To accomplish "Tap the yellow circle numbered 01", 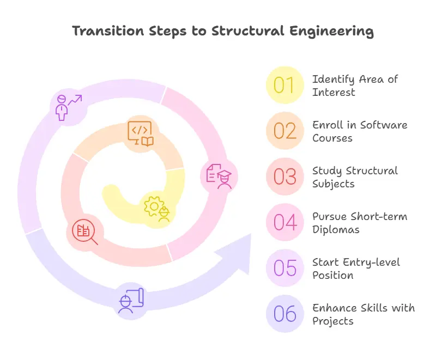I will tap(284, 86).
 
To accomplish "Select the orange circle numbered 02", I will tap(284, 131).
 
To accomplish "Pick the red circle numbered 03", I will tap(284, 177).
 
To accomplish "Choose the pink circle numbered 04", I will tap(284, 223).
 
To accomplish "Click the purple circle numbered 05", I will tap(284, 269).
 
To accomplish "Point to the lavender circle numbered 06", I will tap(284, 314).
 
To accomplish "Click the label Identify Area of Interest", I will tap(355, 86).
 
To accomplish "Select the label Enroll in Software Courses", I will tap(359, 131).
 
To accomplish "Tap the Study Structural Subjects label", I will tap(355, 177).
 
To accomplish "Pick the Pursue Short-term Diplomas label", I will tap(359, 223).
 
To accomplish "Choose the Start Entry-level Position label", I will tap(356, 269).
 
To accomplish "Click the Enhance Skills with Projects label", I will tap(363, 314).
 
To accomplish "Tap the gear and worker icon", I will tap(158, 208).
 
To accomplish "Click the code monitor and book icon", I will tap(140, 133).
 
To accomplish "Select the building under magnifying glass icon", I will tap(86, 232).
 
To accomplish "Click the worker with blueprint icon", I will tap(131, 301).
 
